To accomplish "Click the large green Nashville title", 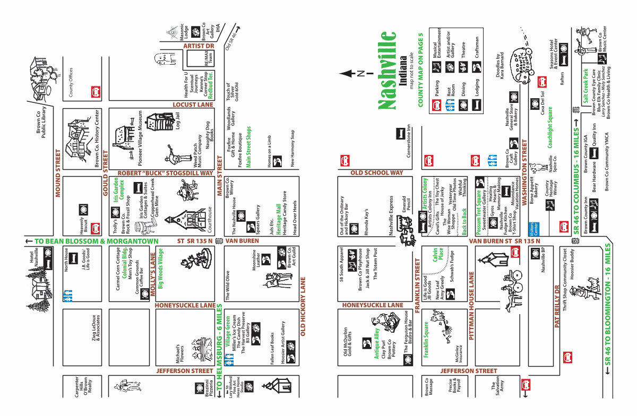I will pyautogui.click(x=389, y=71).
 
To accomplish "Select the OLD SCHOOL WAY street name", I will pyautogui.click(x=377, y=172).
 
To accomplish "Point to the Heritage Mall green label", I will pyautogui.click(x=278, y=215).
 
